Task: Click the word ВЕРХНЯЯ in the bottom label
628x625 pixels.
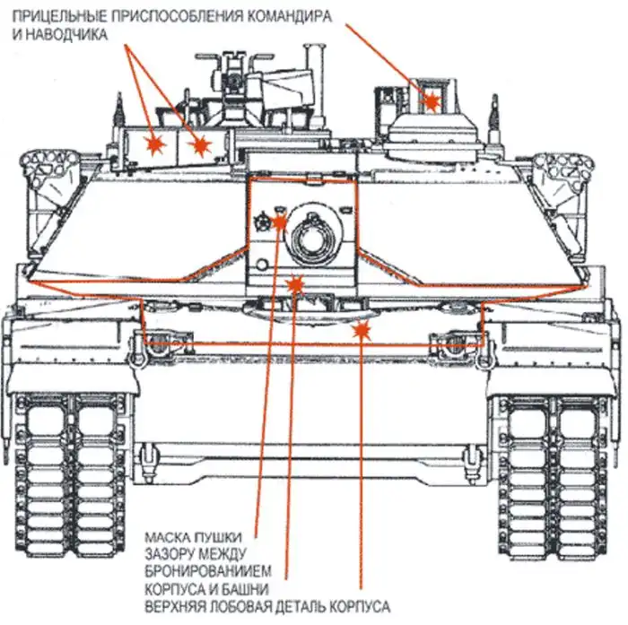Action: click(x=179, y=607)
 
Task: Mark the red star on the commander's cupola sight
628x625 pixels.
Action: click(x=432, y=100)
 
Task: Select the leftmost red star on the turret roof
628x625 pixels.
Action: click(x=156, y=143)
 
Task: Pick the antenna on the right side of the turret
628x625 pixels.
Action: click(x=492, y=115)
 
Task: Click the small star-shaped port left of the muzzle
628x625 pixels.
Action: click(x=263, y=219)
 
